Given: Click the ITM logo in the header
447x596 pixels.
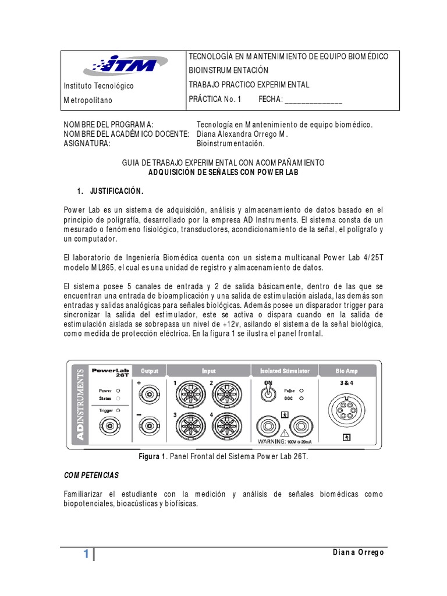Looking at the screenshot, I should click(125, 65).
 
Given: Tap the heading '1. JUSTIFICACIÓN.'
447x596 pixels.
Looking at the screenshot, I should click(109, 191).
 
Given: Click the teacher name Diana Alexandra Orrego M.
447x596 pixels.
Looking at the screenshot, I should click(242, 134).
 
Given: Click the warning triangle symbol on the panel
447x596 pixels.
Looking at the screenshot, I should click(284, 434).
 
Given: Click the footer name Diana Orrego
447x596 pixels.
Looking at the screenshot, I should click(357, 552).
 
